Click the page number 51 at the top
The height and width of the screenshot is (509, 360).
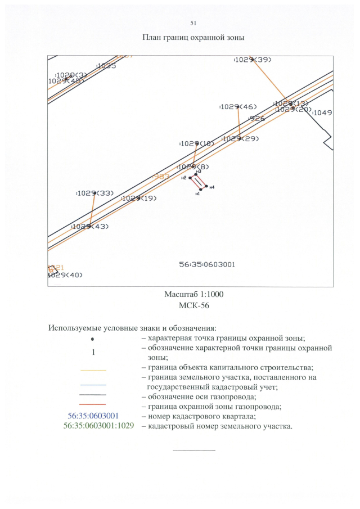(193, 23)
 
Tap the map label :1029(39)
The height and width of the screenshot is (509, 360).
(253, 60)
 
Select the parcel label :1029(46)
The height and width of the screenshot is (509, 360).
(238, 107)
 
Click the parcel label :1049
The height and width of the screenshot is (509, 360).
(322, 112)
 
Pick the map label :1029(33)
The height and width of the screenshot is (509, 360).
(95, 193)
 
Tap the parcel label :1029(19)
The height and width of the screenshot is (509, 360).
(139, 198)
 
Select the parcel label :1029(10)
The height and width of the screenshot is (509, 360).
(197, 143)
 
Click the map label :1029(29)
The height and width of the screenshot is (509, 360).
(240, 138)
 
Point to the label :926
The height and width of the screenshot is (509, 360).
(256, 119)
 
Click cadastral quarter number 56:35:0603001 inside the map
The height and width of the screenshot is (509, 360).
(207, 264)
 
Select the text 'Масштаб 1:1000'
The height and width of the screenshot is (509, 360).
(194, 295)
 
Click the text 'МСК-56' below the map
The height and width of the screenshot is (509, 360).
(193, 305)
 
